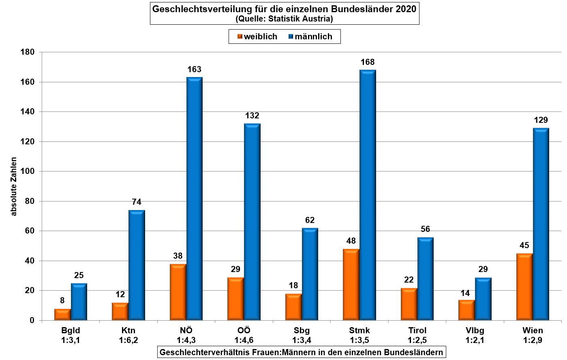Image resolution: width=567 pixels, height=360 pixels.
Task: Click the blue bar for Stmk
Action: (368, 195)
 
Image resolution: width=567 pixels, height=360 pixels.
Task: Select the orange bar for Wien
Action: (524, 287)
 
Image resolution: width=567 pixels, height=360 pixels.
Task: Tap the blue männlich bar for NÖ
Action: (194, 199)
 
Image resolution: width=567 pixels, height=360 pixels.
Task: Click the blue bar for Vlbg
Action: (483, 299)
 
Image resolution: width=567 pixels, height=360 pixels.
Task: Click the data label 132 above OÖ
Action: (252, 116)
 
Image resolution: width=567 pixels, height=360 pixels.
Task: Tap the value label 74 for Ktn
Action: (137, 202)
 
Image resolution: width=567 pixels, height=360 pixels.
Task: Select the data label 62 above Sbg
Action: (310, 221)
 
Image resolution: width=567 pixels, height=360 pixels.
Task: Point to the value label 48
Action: (351, 241)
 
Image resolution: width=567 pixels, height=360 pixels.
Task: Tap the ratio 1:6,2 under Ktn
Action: (128, 340)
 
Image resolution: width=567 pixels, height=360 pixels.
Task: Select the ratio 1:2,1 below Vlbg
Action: (475, 340)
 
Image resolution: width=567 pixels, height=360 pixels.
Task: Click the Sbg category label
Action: (302, 330)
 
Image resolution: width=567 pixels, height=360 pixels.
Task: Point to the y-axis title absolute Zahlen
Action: (14, 186)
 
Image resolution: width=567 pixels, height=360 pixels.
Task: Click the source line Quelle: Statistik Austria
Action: (284, 19)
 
